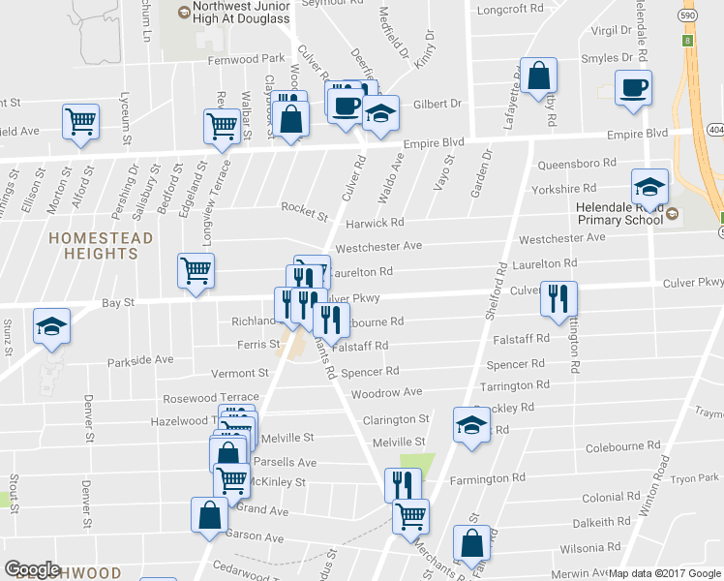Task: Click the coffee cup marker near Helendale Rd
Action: point(634,88)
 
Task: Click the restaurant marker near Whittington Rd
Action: point(558,298)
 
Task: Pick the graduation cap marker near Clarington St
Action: point(471,424)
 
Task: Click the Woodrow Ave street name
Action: point(386,393)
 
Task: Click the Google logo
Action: point(33,569)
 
